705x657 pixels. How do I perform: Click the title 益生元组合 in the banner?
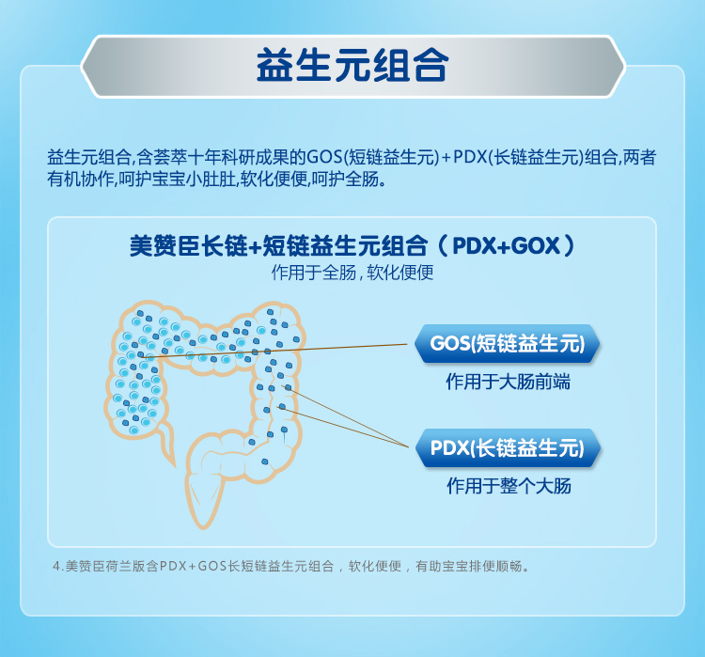click(352, 66)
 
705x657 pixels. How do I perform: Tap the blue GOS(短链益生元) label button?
click(508, 344)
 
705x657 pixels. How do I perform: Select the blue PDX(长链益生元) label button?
click(508, 448)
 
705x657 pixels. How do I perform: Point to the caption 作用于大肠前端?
click(508, 382)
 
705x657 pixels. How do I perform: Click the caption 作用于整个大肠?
click(509, 486)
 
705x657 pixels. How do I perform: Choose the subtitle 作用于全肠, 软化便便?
click(352, 273)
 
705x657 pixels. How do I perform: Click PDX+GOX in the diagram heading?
click(507, 246)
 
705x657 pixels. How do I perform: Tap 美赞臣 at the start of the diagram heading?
click(165, 246)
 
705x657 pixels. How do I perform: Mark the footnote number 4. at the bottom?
click(58, 566)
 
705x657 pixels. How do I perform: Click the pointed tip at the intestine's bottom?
click(203, 527)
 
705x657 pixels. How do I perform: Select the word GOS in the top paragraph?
click(324, 157)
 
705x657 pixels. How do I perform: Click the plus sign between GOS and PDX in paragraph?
click(446, 158)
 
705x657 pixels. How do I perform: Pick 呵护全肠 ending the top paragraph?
click(344, 180)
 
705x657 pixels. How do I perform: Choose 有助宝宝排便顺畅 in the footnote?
click(469, 566)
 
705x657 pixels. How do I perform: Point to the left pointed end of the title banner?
click(83, 66)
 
